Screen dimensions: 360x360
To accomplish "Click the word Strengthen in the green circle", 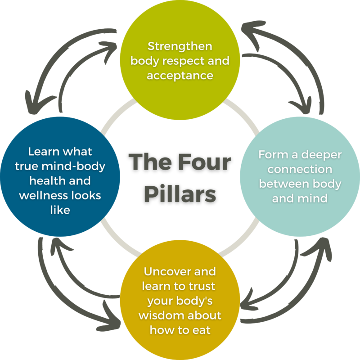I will (180, 46).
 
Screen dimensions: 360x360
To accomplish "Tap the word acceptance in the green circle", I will (180, 75).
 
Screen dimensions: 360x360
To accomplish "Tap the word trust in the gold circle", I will (203, 286).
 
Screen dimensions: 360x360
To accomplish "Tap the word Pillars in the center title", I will (180, 194).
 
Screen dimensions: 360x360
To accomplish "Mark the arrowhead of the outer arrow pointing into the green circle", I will (247, 30).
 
